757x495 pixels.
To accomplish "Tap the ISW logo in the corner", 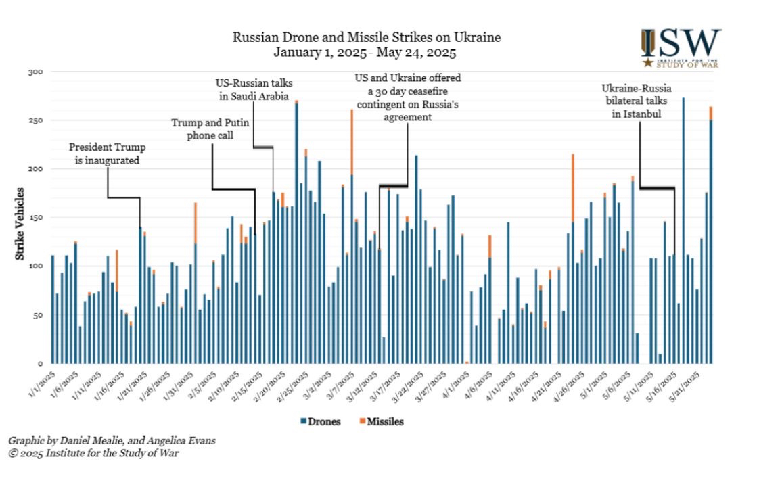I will pyautogui.click(x=681, y=48).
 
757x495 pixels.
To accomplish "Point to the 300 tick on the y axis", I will pyautogui.click(x=37, y=72).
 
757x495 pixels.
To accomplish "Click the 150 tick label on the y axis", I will pyautogui.click(x=37, y=218).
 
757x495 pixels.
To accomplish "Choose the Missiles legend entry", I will pyautogui.click(x=382, y=421).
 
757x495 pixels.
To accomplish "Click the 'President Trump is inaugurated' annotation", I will pyautogui.click(x=108, y=154).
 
